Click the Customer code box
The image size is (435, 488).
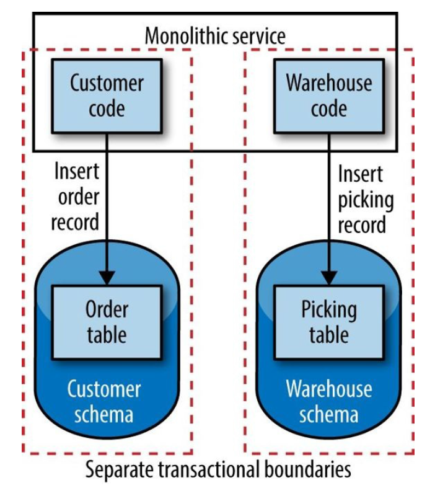point(107,95)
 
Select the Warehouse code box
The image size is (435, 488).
point(329,95)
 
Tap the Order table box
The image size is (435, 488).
point(107,322)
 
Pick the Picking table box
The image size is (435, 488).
point(329,322)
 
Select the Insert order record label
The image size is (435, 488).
point(75,196)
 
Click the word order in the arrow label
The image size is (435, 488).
point(75,197)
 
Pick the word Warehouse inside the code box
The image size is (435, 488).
point(329,83)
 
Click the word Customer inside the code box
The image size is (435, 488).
point(107,83)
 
